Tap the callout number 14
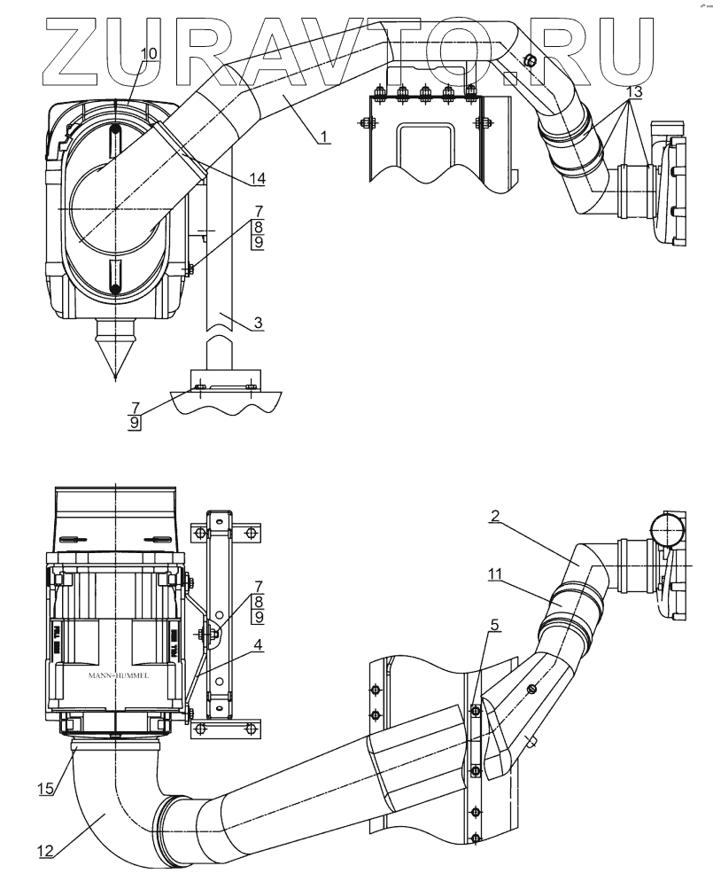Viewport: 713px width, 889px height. tap(257, 179)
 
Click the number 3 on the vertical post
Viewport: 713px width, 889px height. tap(258, 324)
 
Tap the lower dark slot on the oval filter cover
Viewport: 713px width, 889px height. tap(116, 277)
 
